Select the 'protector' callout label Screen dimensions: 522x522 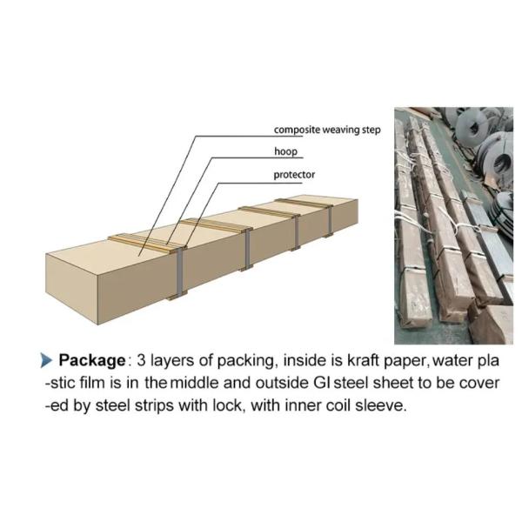pyautogui.click(x=294, y=175)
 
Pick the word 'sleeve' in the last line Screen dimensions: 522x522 pyautogui.click(x=381, y=406)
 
